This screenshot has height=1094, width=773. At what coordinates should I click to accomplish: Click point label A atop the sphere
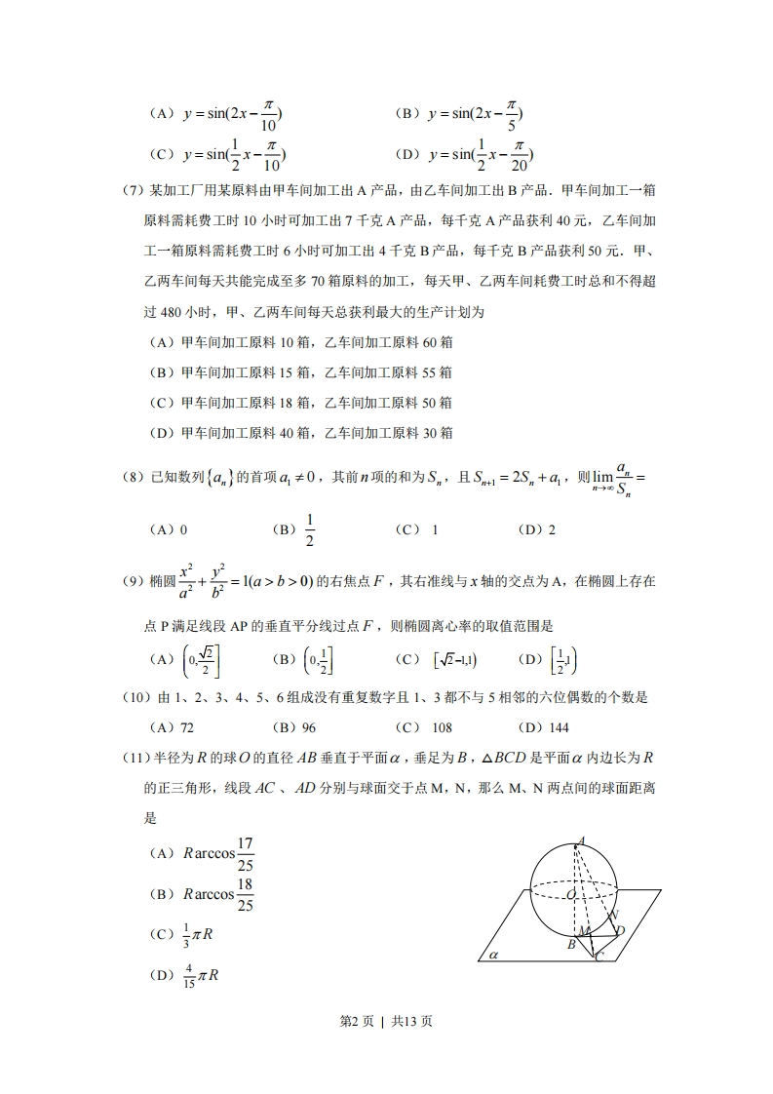pos(582,840)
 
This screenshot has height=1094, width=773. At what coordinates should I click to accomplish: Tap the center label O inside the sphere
pos(569,892)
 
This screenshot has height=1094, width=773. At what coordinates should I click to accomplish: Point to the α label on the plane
pos(493,956)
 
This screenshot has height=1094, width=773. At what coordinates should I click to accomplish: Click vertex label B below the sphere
pos(571,944)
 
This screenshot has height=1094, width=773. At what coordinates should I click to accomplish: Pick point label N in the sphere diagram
pos(613,915)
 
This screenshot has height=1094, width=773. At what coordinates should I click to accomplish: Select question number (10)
pos(136,697)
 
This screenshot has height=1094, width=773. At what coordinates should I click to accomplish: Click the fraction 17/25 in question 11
pos(245,853)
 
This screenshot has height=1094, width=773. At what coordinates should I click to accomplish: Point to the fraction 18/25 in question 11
pos(245,894)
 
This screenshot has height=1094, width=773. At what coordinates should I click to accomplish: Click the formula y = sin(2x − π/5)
pos(474,115)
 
